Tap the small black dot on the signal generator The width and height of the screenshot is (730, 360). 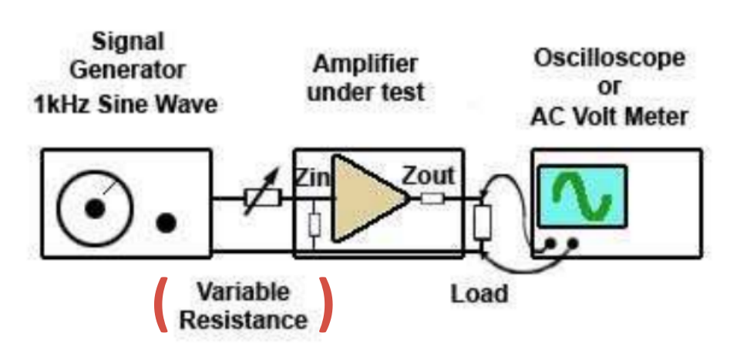point(166,223)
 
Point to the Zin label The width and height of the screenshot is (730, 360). point(311,178)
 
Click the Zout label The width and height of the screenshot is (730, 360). point(428,176)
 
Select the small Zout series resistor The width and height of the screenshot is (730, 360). point(432,199)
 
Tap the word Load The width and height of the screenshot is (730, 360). point(479,293)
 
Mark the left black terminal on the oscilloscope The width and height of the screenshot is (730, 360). point(550,244)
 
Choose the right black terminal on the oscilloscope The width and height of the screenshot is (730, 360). point(573,244)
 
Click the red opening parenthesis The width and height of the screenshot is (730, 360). point(161,304)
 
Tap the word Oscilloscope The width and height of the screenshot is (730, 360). point(609,59)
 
